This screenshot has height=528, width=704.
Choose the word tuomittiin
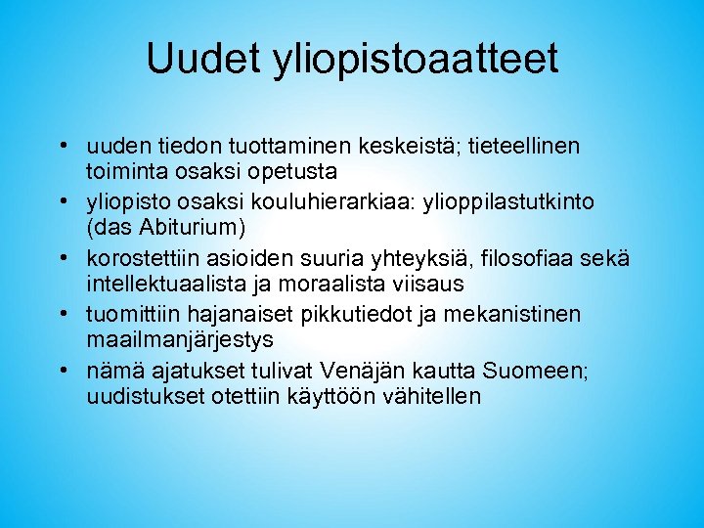point(134,315)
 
